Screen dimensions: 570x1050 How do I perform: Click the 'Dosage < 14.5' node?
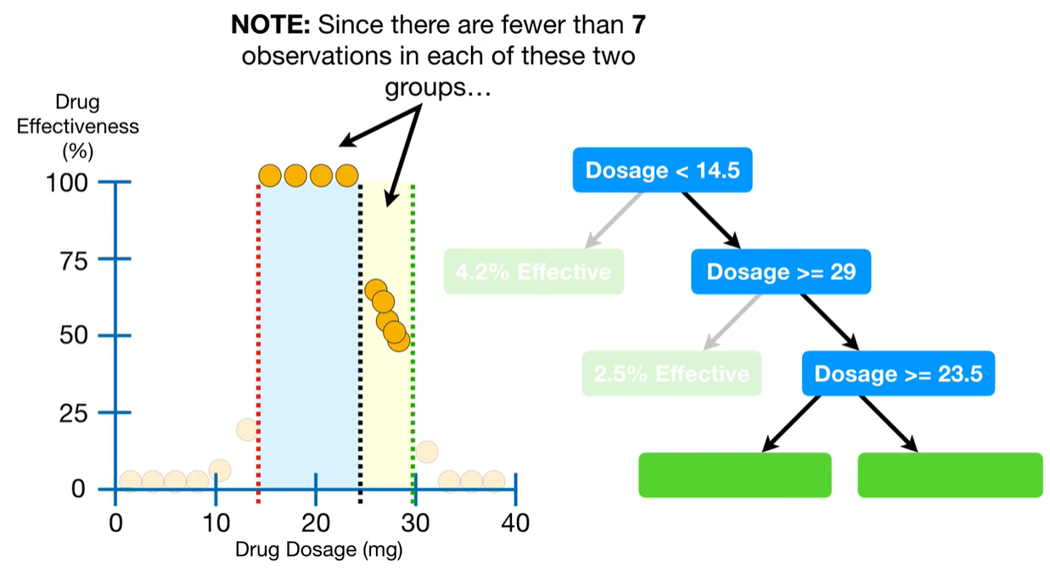tap(662, 170)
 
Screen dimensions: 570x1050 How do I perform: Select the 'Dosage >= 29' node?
tap(781, 271)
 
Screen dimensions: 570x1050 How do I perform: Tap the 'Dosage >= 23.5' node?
tap(898, 374)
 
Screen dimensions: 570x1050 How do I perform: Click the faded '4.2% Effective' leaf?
tap(533, 272)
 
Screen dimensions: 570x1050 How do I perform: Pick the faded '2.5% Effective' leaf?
tap(671, 374)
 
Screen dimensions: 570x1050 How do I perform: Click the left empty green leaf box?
tap(734, 475)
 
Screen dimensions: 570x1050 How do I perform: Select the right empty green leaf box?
tap(950, 475)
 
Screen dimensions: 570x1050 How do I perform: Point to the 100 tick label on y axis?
tap(68, 183)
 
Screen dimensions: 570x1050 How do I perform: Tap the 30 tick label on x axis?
tap(416, 522)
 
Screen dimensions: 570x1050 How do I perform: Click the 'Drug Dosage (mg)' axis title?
tap(318, 550)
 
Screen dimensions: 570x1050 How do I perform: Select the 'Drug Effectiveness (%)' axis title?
tap(77, 127)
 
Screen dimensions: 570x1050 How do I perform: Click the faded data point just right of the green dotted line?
tap(426, 451)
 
